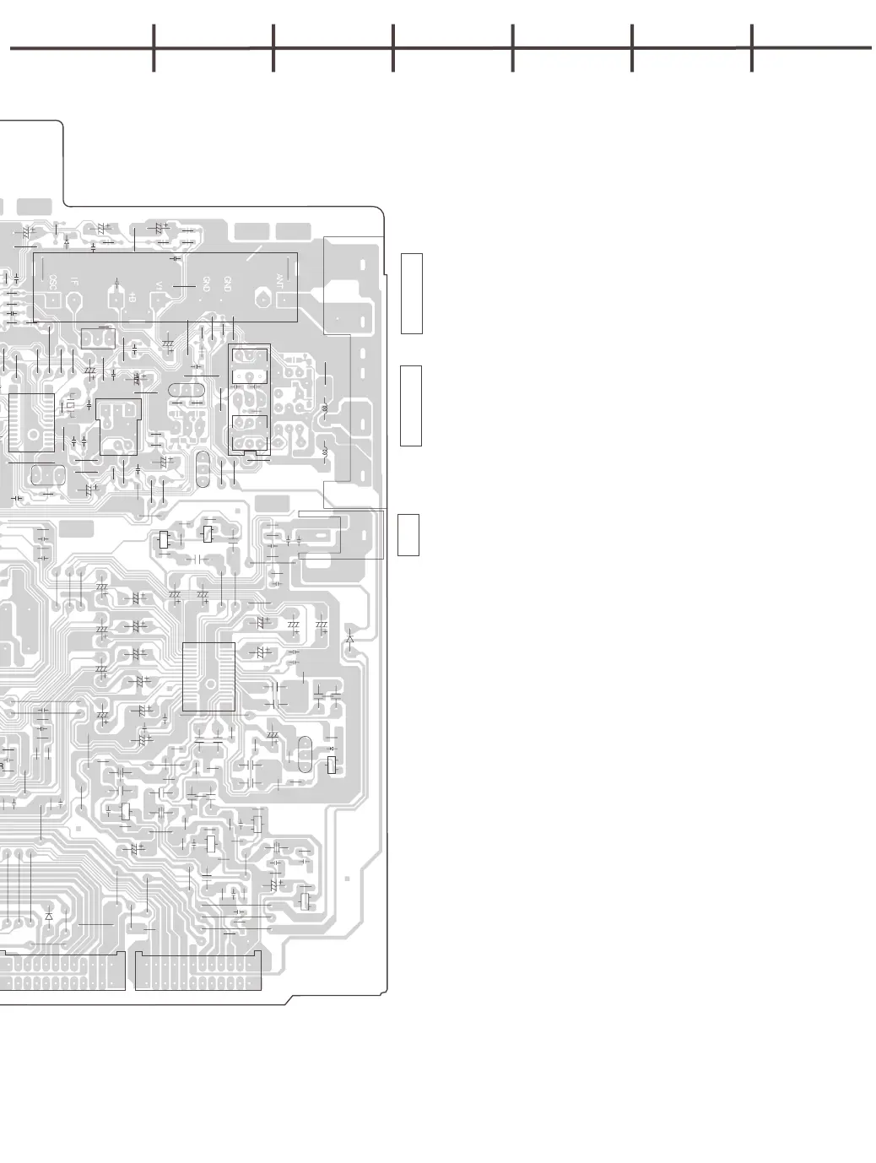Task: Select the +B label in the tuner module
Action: [132, 295]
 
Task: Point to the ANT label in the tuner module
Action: [280, 279]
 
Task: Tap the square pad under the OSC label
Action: [53, 300]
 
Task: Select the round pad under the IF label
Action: [76, 300]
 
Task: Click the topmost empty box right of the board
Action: [411, 293]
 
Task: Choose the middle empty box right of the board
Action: [411, 405]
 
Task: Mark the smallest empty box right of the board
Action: [408, 534]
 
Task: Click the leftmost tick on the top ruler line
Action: [154, 48]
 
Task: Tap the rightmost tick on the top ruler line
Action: [751, 48]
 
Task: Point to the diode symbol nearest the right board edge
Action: [350, 639]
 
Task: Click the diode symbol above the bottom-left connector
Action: [49, 916]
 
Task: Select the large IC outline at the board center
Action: [208, 677]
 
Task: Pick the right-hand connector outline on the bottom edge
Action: [197, 971]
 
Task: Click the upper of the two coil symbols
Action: [327, 409]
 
